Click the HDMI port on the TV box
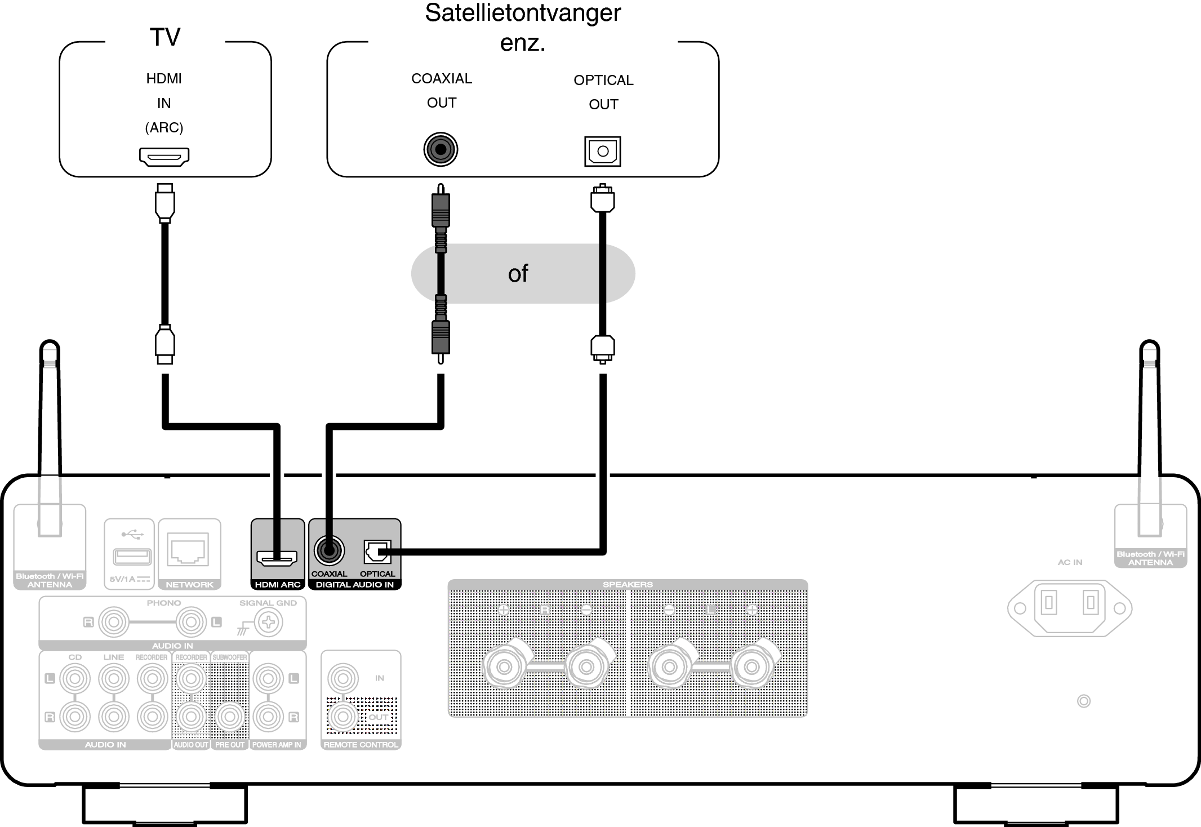tap(164, 157)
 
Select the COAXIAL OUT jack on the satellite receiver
tap(441, 150)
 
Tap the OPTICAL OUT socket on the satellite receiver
tap(602, 151)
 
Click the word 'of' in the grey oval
tap(518, 274)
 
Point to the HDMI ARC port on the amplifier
tap(277, 558)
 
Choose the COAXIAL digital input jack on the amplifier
tap(329, 550)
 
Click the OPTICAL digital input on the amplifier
tap(377, 552)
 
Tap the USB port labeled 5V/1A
tap(132, 557)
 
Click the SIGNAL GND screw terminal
tap(269, 623)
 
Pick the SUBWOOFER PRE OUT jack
tap(229, 717)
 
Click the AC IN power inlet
tap(1069, 608)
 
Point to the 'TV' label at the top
tap(164, 37)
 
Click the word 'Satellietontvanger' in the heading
tap(522, 12)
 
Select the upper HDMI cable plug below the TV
tap(164, 202)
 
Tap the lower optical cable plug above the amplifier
tap(602, 347)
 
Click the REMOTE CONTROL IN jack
tap(342, 678)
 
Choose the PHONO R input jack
tap(114, 623)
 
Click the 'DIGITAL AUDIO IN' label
tap(354, 585)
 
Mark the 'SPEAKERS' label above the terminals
tap(627, 584)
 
